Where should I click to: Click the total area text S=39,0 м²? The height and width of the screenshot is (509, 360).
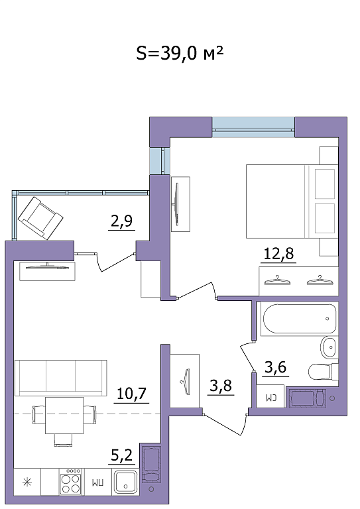pyautogui.click(x=180, y=53)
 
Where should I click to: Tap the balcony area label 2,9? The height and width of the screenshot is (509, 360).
pyautogui.click(x=121, y=221)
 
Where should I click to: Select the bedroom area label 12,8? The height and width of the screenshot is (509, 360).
pyautogui.click(x=279, y=253)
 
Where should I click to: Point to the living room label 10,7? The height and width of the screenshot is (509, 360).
pyautogui.click(x=131, y=394)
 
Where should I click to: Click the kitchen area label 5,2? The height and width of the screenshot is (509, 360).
pyautogui.click(x=122, y=455)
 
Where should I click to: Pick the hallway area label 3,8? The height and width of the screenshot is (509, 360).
pyautogui.click(x=221, y=386)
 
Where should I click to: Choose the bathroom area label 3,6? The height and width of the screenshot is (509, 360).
pyautogui.click(x=275, y=367)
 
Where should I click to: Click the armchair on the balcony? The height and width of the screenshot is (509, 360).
pyautogui.click(x=40, y=218)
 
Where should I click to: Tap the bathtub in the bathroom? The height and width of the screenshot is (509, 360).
pyautogui.click(x=298, y=319)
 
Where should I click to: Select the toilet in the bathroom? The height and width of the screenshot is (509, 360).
pyautogui.click(x=323, y=372)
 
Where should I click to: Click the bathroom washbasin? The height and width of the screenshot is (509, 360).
pyautogui.click(x=329, y=347)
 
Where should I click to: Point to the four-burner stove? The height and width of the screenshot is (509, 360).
pyautogui.click(x=70, y=482)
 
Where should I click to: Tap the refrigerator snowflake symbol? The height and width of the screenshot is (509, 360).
pyautogui.click(x=27, y=482)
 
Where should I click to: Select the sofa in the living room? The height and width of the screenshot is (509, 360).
pyautogui.click(x=61, y=378)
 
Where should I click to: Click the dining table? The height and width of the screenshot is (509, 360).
pyautogui.click(x=64, y=416)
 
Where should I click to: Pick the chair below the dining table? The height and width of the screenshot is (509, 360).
pyautogui.click(x=63, y=440)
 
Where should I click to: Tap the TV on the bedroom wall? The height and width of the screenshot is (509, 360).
pyautogui.click(x=177, y=204)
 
